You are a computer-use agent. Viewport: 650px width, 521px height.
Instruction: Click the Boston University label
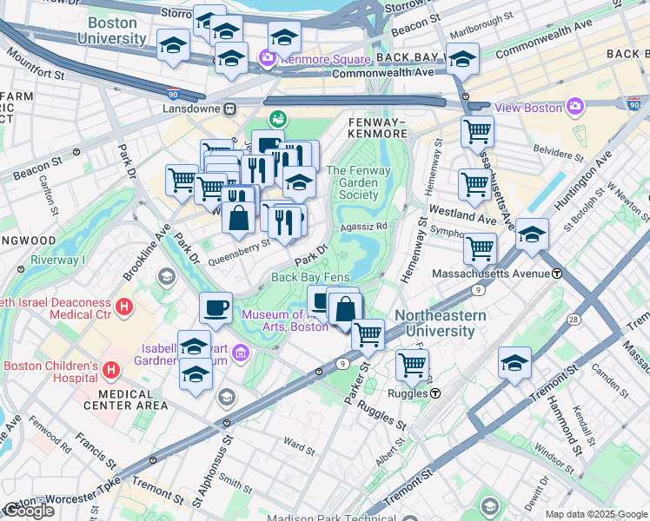[x=111, y=30]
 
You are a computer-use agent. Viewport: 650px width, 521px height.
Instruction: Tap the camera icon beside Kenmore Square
[x=268, y=59]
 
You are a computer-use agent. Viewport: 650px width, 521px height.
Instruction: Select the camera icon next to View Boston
[x=574, y=107]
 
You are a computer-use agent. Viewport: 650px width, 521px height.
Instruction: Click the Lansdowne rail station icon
[x=230, y=109]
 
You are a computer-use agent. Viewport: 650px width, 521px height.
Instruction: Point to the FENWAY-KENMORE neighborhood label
[x=377, y=128]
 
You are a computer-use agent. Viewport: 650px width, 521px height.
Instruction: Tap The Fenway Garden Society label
[x=353, y=182]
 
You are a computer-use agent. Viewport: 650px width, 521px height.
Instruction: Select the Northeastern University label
[x=435, y=323]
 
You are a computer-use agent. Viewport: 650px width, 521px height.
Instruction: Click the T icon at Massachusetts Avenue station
[x=558, y=274]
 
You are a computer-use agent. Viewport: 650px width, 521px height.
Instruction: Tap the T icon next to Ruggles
[x=435, y=392]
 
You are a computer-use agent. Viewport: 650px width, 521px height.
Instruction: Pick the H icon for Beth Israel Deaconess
[x=125, y=307]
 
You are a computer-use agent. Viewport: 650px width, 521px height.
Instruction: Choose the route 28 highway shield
[x=574, y=320]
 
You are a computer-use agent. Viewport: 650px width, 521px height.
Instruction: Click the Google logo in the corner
[x=29, y=511]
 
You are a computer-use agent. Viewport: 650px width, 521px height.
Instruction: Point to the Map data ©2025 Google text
[x=596, y=514]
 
